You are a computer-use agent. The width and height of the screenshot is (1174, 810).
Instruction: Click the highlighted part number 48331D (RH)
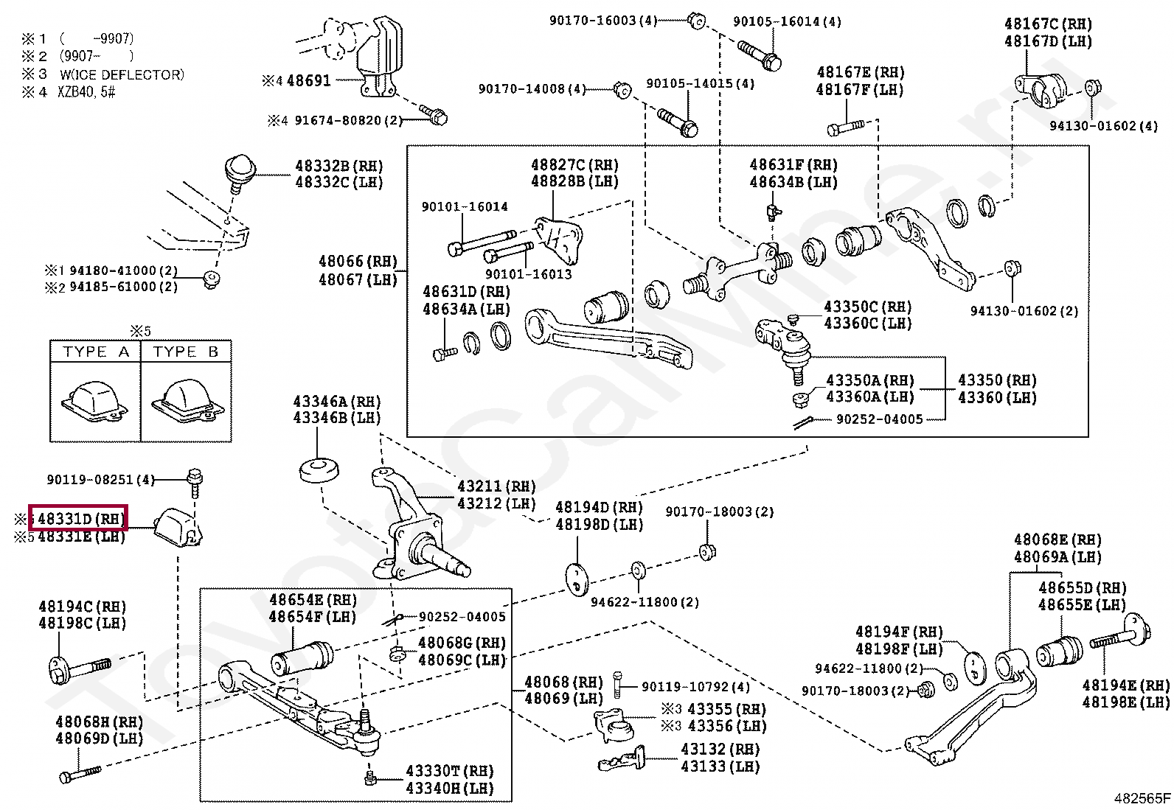tap(78, 518)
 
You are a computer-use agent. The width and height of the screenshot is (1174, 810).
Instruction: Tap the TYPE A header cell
tap(96, 352)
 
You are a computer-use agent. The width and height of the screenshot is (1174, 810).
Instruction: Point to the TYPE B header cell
tap(186, 352)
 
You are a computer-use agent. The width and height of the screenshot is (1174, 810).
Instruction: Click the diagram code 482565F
tap(1142, 798)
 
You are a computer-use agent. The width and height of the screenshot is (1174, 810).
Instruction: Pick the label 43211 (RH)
tap(496, 486)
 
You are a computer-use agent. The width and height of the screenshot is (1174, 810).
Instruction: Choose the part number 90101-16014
tap(465, 207)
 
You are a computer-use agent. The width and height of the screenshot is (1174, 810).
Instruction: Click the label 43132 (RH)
tap(720, 750)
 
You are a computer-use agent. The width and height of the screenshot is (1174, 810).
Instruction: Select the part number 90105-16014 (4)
tap(786, 22)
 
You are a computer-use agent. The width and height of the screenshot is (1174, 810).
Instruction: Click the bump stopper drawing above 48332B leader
tap(239, 169)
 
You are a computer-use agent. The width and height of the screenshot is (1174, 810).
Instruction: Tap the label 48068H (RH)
tap(99, 722)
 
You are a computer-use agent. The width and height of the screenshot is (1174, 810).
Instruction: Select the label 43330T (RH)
tap(449, 771)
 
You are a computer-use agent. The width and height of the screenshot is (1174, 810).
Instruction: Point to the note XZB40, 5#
tap(87, 92)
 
